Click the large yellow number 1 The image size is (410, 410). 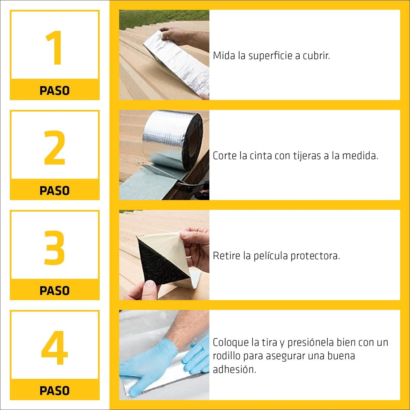tap(54, 48)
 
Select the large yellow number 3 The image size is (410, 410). tap(54, 247)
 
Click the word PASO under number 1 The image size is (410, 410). tap(54, 91)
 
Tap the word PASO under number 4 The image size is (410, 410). tap(54, 391)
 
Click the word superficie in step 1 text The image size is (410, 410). tap(270, 56)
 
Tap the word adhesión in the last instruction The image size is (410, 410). tap(234, 369)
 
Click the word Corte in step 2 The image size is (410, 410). tap(224, 156)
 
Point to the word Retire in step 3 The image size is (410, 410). tap(226, 256)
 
